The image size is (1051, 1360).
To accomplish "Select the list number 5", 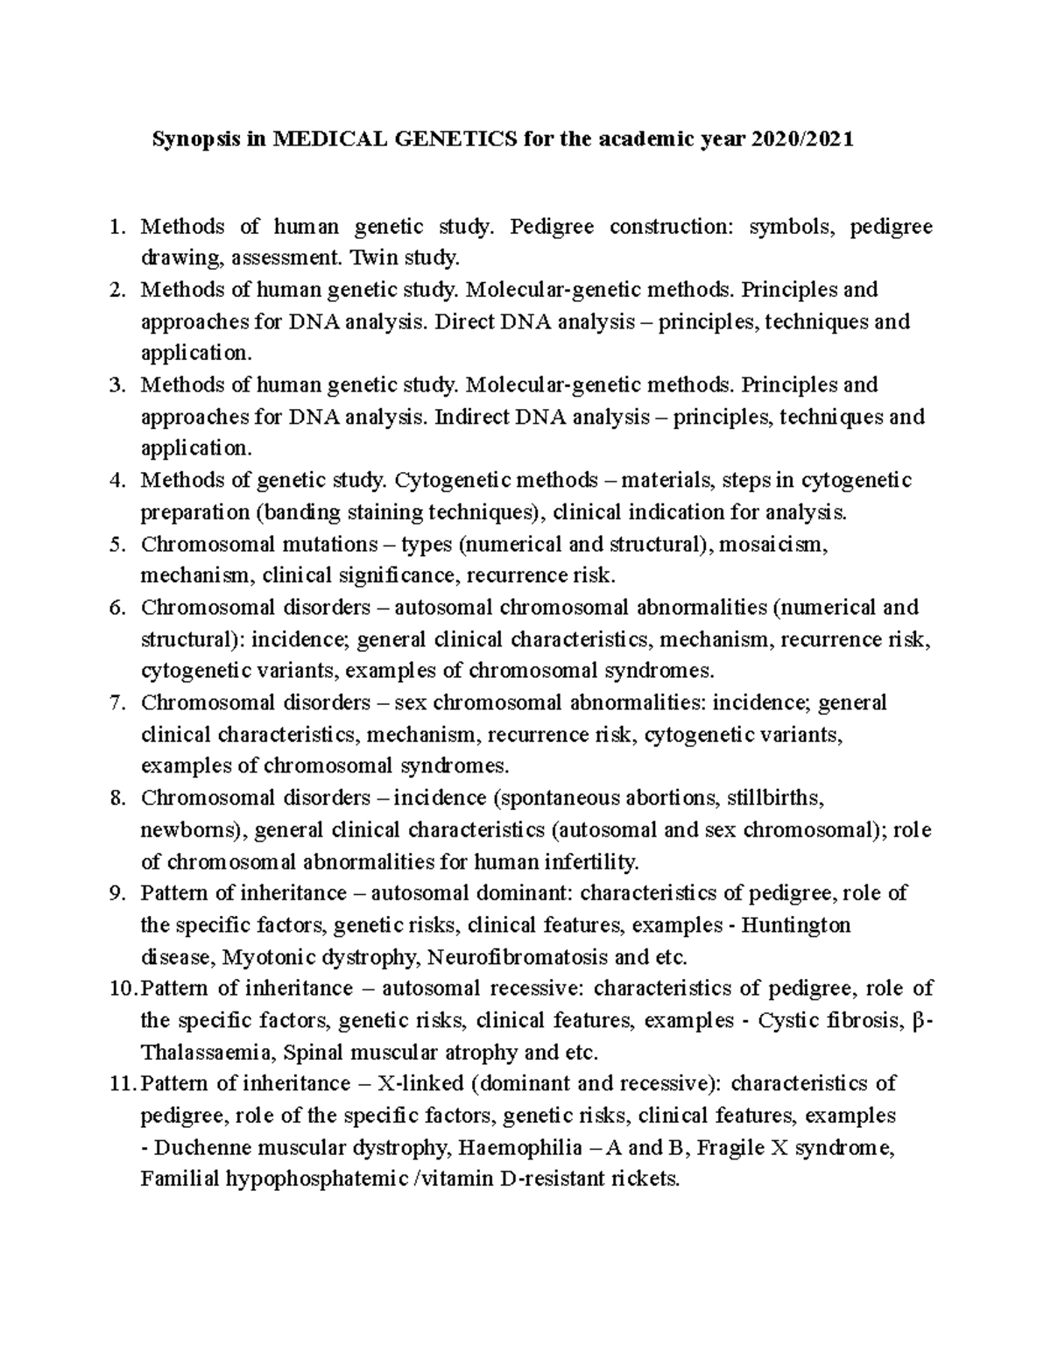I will tap(118, 545).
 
